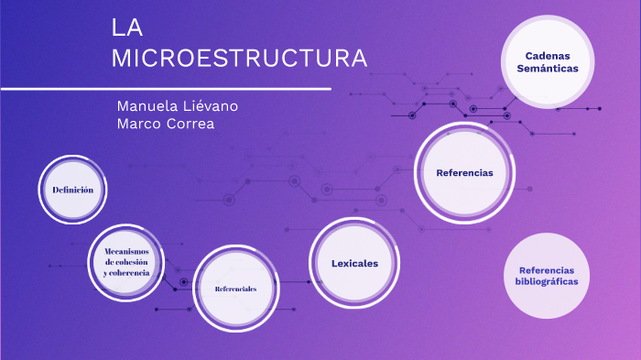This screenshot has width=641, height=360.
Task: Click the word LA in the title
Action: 125,27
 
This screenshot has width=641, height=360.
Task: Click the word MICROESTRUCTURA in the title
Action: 239,59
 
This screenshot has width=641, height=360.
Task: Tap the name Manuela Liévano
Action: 178,106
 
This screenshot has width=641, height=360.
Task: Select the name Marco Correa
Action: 166,125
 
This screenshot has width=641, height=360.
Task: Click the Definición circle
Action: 73,190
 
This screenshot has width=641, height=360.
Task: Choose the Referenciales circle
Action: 235,289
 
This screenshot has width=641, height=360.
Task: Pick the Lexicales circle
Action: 354,264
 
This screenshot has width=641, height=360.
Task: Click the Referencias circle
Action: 464,172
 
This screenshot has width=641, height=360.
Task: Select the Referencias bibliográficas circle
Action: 547,276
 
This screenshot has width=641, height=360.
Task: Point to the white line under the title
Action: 166,89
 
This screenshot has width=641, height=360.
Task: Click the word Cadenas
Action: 548,56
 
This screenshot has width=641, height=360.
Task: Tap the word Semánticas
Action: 548,69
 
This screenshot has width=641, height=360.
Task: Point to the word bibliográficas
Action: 547,282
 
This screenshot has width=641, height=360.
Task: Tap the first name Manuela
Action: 145,106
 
